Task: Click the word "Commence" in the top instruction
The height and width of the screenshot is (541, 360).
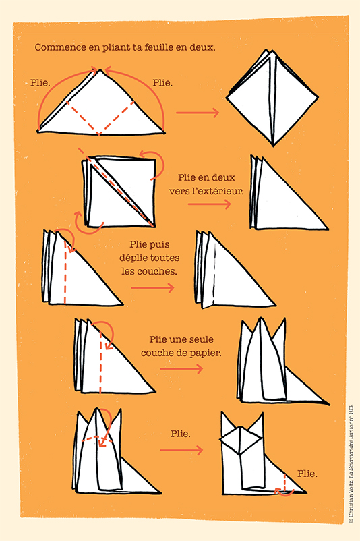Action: coord(61,47)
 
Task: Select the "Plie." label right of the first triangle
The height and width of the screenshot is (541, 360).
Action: coord(162,83)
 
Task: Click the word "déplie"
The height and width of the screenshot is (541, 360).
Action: coord(134,258)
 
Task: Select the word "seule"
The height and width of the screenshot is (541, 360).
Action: coord(201,339)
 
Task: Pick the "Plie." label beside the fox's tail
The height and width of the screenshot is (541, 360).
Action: coord(307,474)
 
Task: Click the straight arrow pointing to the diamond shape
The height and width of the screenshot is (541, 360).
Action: coord(198,113)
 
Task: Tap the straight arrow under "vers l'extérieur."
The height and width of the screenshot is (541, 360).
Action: coord(209,204)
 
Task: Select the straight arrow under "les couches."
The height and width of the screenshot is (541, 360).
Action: coord(152,288)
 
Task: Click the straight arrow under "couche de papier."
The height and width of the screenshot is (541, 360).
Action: coord(181,369)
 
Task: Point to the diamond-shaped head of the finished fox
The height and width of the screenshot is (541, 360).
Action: coord(240,440)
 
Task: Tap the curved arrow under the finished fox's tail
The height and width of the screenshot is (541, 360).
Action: coord(284,493)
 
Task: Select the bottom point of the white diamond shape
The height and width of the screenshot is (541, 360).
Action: coord(274,146)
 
